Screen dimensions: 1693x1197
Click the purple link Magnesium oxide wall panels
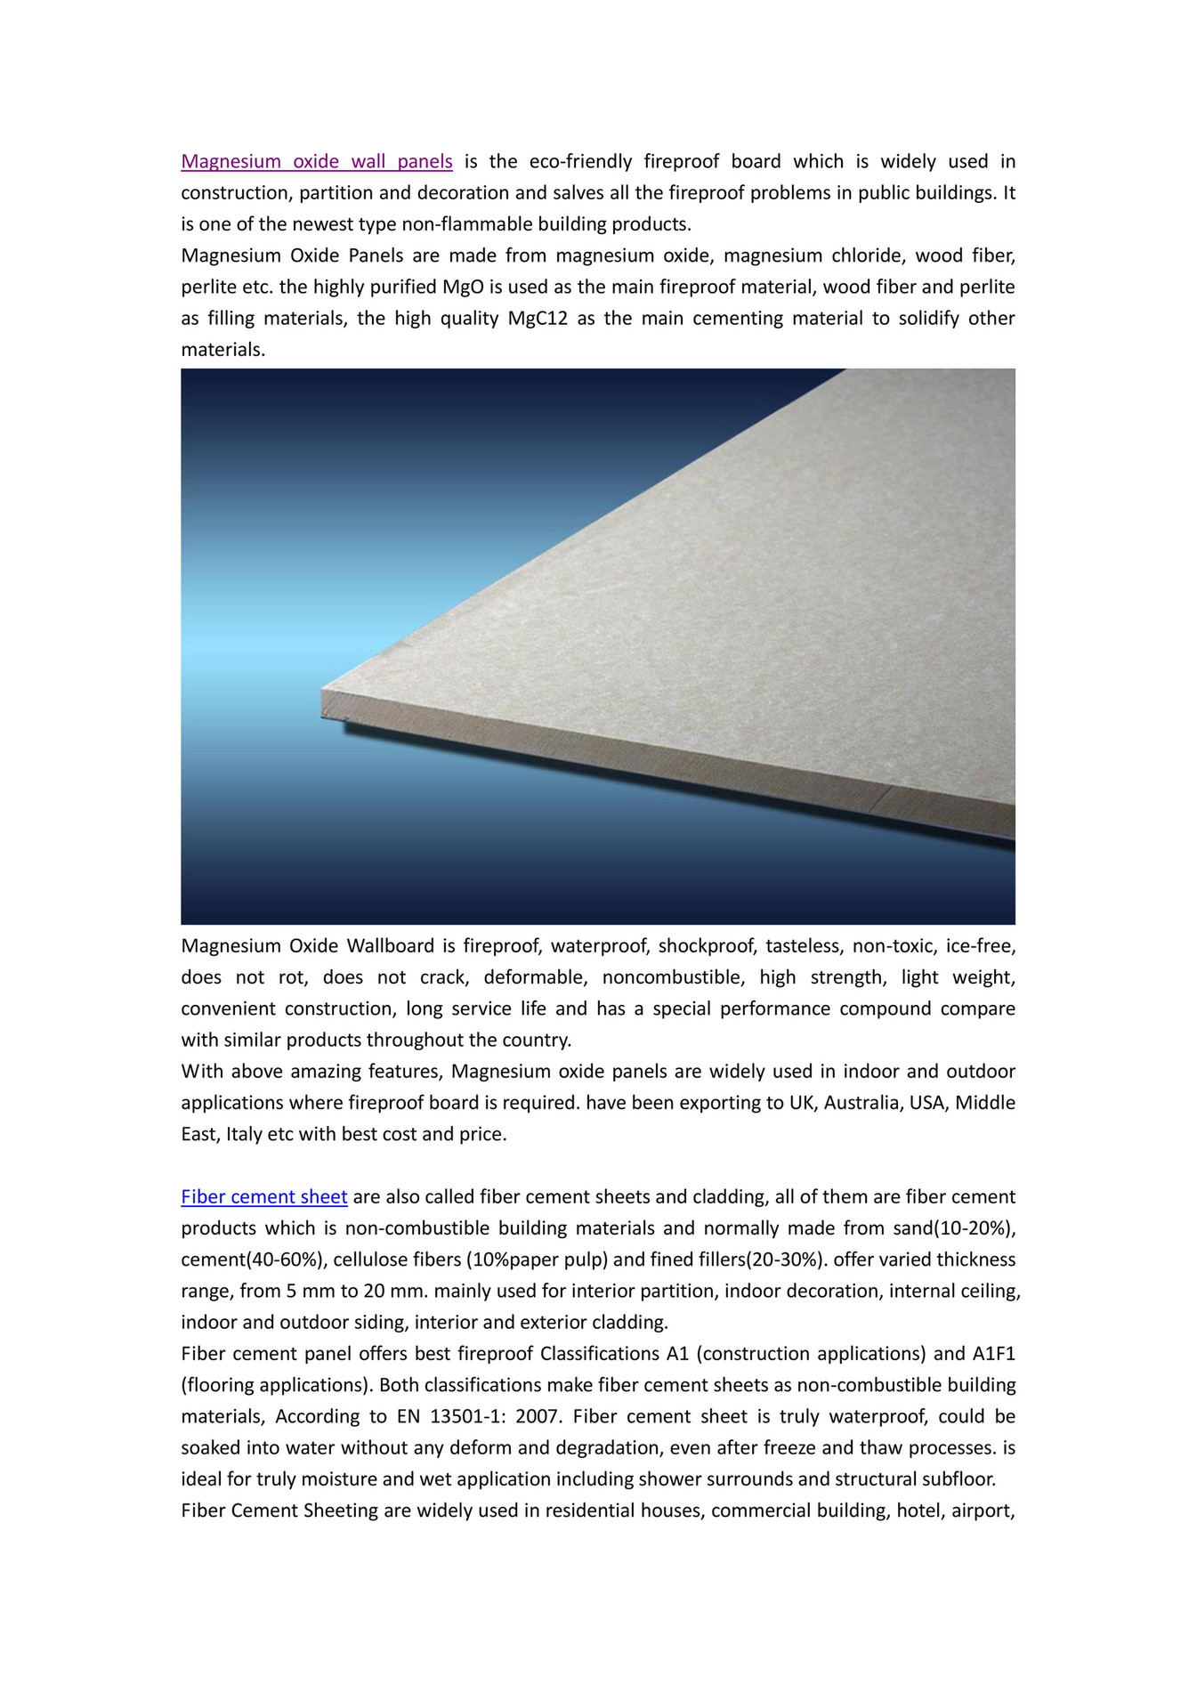pyautogui.click(x=317, y=161)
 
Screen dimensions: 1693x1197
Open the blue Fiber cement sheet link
pyautogui.click(x=263, y=1196)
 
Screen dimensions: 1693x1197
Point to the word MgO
pyautogui.click(x=463, y=287)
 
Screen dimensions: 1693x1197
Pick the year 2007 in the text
pyautogui.click(x=538, y=1415)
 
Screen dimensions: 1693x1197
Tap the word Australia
pyautogui.click(x=861, y=1102)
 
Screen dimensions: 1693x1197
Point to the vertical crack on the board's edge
pyautogui.click(x=879, y=799)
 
